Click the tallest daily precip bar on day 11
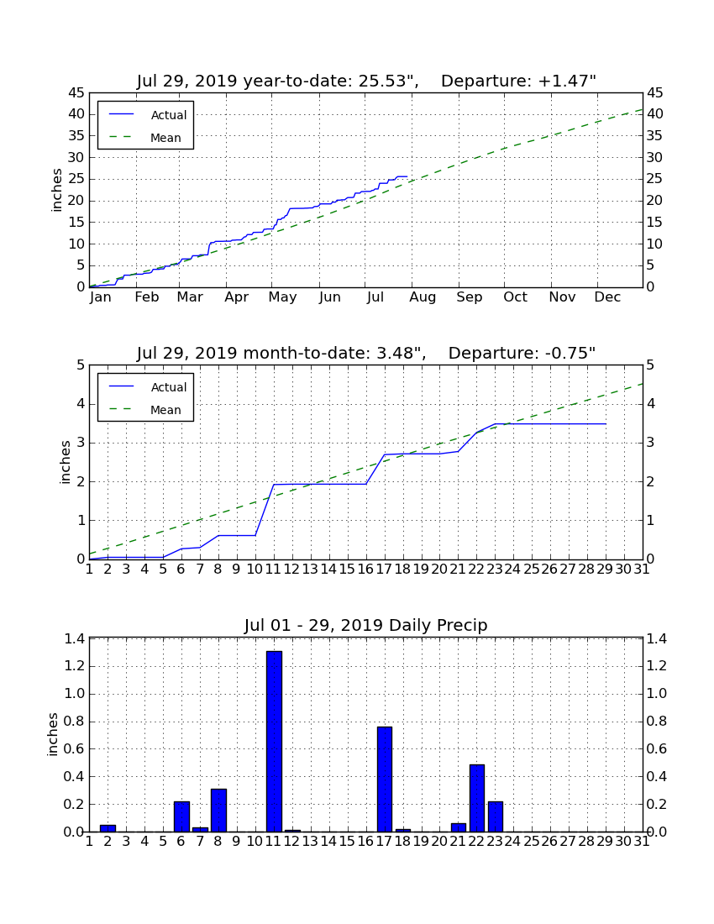(274, 742)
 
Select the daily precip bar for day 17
(385, 779)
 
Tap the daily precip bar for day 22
(476, 798)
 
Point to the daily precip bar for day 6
(181, 816)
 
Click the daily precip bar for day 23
(496, 816)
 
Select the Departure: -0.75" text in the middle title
(522, 353)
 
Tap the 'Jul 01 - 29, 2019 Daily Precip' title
(366, 625)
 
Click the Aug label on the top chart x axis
(423, 297)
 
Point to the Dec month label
(607, 297)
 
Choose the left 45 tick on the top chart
(76, 93)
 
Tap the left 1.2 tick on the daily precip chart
(75, 666)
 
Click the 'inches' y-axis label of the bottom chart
(53, 734)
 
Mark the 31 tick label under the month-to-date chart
(642, 570)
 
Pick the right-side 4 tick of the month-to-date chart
(650, 404)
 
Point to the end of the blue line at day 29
(606, 423)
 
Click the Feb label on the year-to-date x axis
(147, 297)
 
